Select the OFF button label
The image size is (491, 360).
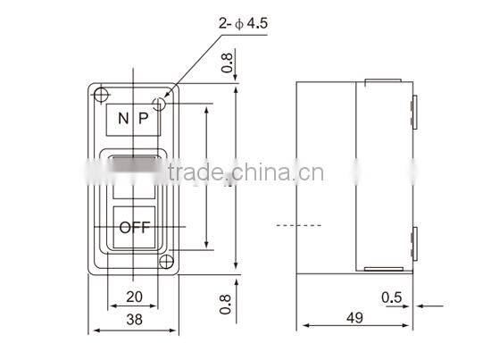(134, 227)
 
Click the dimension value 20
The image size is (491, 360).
(133, 297)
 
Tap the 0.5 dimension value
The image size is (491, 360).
(390, 297)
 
